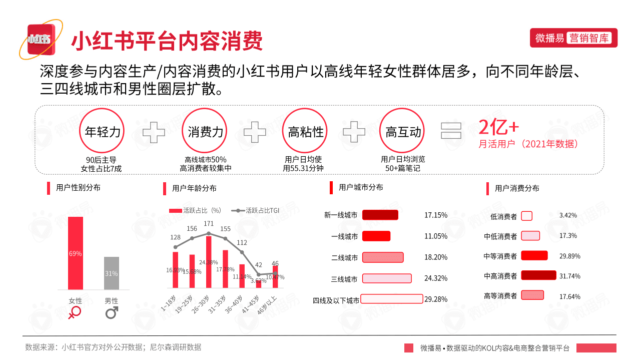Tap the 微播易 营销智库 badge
pos(573,38)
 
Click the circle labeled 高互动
pos(403,132)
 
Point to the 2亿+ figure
pos(495,128)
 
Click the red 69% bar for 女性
pos(76,253)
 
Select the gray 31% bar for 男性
pos(112,273)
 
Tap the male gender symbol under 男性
pos(112,313)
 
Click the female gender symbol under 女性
pos(75,313)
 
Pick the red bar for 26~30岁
pos(209,262)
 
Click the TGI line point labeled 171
pos(209,233)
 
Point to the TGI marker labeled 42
pos(259,274)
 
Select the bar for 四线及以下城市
pos(391,299)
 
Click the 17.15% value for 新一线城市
pos(436,215)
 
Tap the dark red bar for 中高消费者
pos(538,275)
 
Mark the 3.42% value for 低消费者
pos(568,215)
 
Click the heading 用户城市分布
pos(361,187)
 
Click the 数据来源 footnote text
pos(113,347)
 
